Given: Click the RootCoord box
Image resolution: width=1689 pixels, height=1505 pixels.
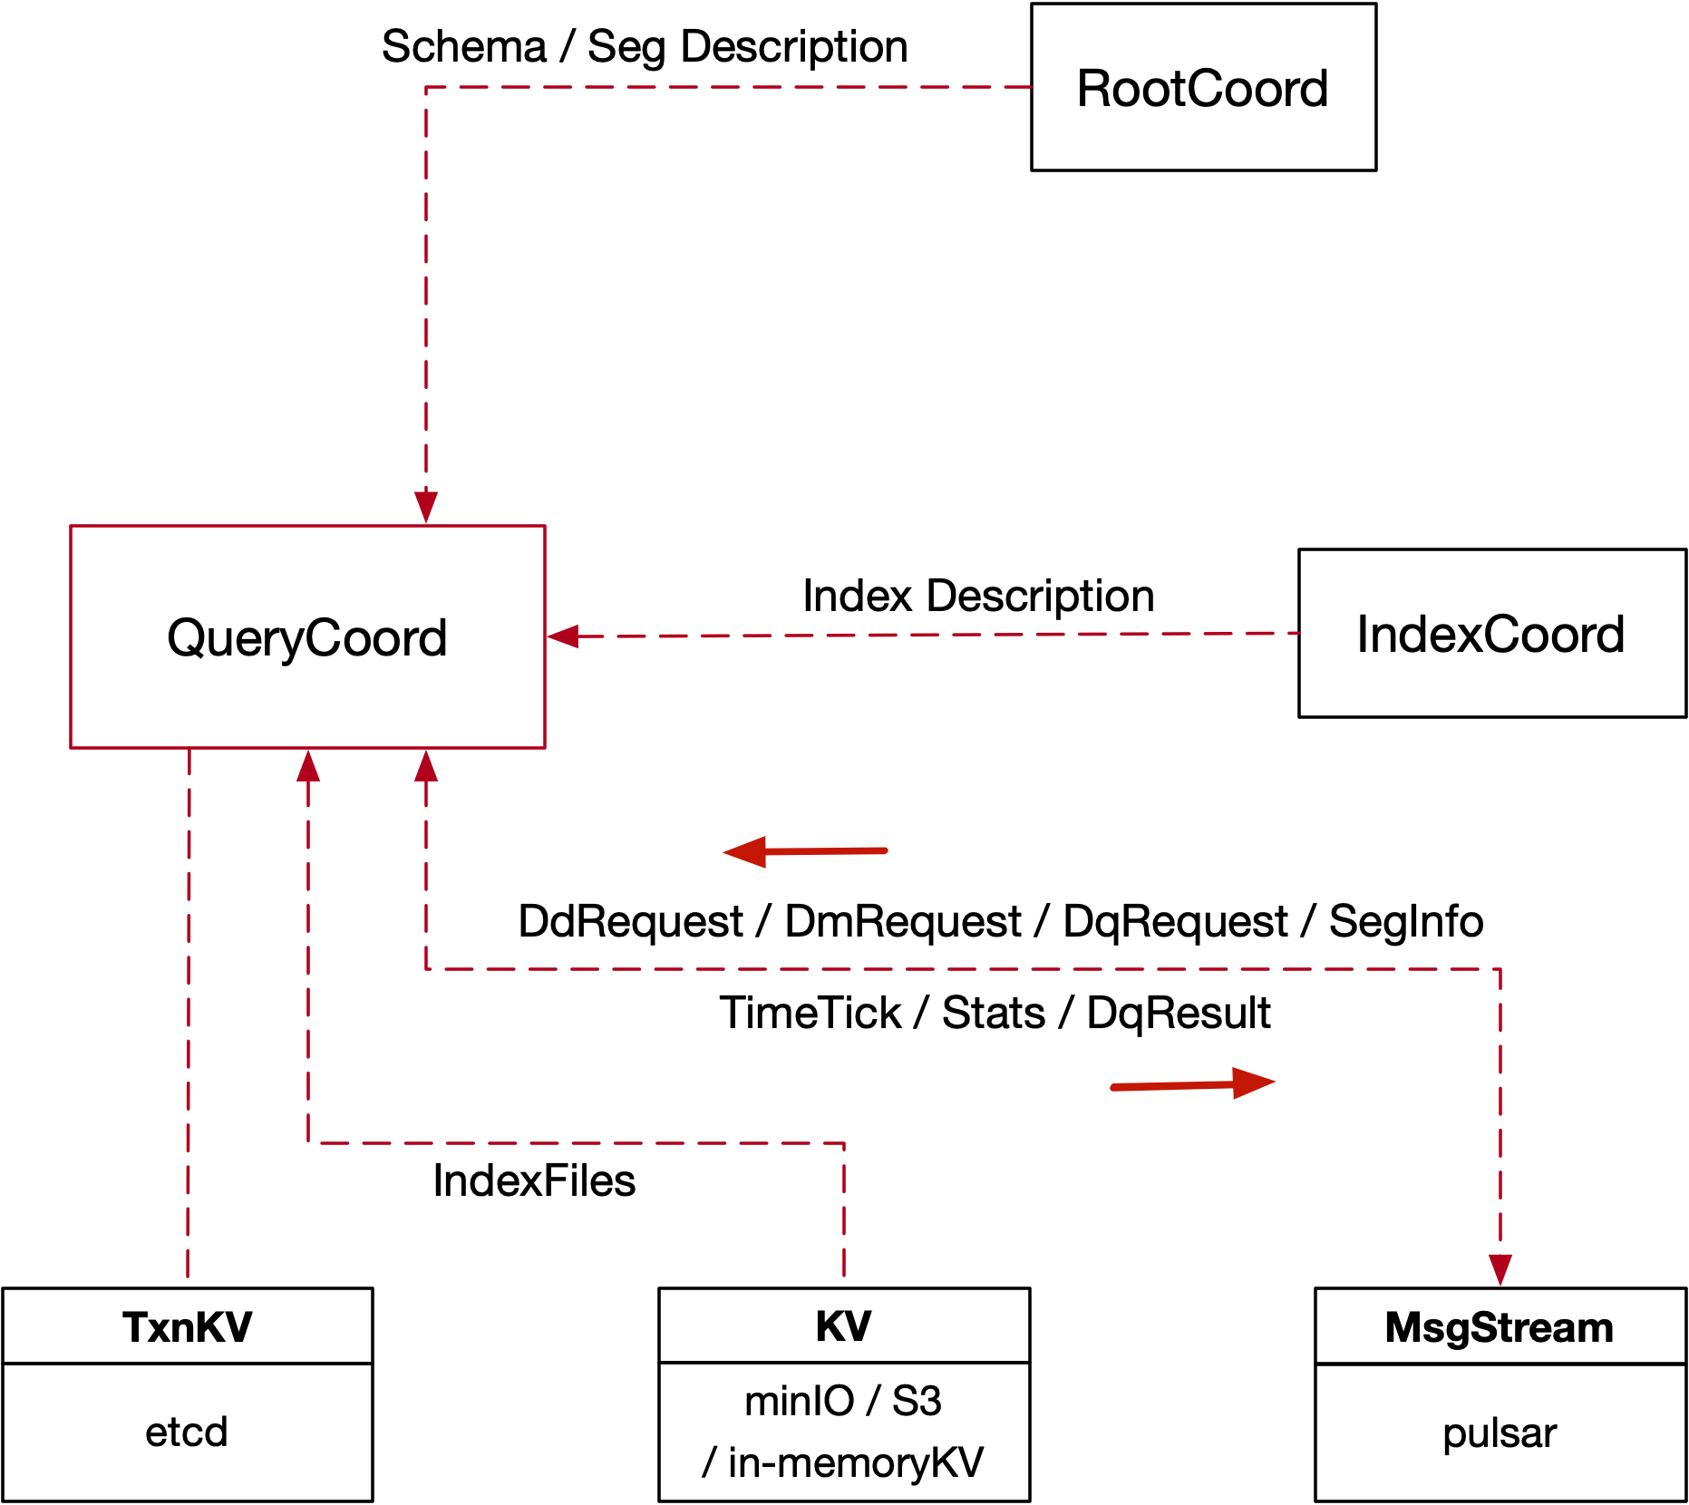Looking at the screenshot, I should [1203, 88].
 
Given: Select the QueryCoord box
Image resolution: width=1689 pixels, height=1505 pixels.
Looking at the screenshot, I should [307, 637].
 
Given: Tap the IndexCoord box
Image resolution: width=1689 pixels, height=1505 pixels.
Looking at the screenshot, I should [1491, 634].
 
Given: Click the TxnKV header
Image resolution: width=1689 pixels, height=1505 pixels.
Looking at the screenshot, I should [188, 1327].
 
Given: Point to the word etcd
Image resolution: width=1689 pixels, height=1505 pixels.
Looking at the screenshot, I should [187, 1432].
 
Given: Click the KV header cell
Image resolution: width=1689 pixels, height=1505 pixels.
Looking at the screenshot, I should [844, 1326].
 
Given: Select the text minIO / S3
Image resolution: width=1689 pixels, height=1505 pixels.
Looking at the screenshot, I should [843, 1402].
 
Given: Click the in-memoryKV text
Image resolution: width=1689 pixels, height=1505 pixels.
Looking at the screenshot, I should [855, 1462].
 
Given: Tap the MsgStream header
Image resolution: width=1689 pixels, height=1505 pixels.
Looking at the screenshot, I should [1500, 1327].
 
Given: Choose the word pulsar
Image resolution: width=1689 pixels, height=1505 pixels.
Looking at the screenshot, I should [1500, 1433].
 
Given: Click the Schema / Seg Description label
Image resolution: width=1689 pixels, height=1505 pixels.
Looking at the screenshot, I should [645, 46].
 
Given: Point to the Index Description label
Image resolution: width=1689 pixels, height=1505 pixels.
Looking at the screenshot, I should [978, 596].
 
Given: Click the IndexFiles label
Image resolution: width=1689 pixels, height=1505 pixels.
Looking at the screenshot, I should [534, 1180].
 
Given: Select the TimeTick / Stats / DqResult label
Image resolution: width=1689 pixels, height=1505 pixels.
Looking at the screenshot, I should [995, 1013].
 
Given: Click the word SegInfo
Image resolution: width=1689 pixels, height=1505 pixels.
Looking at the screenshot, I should [1406, 921].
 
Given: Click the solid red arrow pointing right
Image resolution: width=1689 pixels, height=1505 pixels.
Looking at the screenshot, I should [1194, 1083].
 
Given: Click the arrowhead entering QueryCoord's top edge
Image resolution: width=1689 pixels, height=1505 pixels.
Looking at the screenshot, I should [426, 507].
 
